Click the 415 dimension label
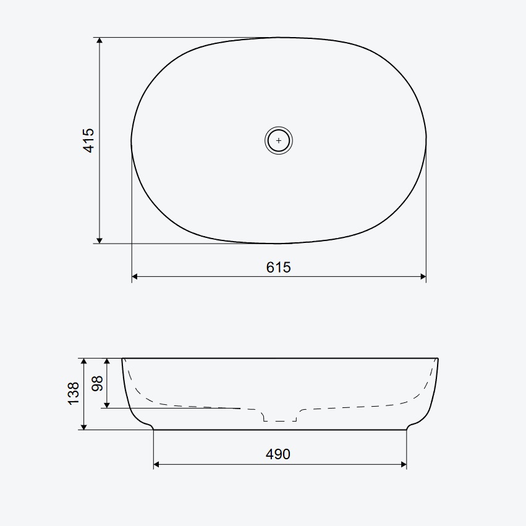point(89,140)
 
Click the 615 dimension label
point(278,268)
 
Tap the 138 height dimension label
point(74,394)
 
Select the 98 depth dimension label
point(97,383)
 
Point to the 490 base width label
point(278,454)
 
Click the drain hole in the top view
point(278,140)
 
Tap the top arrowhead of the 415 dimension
point(100,41)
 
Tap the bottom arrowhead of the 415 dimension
point(100,240)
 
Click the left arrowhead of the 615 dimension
point(135,277)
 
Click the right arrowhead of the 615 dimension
point(423,277)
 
